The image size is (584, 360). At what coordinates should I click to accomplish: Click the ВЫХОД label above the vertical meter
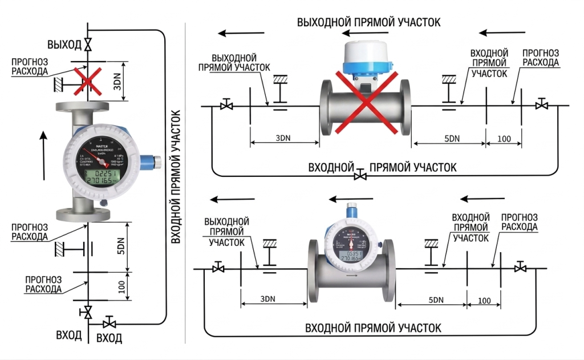coord(65,45)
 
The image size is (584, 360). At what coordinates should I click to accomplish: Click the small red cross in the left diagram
coord(87,80)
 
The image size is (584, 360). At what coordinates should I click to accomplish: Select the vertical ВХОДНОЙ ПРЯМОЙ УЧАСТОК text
coord(176,177)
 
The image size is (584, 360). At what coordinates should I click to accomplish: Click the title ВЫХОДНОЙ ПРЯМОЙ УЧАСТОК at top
coord(369,22)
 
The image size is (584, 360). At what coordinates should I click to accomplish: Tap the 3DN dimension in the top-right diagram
coord(283,139)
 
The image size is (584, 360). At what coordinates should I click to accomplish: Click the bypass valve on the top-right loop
coord(360,175)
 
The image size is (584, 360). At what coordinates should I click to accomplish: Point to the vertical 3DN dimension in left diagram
coord(117,82)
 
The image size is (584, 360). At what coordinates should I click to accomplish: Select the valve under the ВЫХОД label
coord(87,45)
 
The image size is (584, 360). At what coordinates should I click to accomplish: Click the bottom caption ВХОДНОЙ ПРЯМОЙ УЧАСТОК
coord(373,329)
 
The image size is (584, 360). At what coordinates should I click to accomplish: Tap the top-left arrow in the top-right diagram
coord(238,33)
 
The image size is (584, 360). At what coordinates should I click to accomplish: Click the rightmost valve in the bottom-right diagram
coord(520,268)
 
